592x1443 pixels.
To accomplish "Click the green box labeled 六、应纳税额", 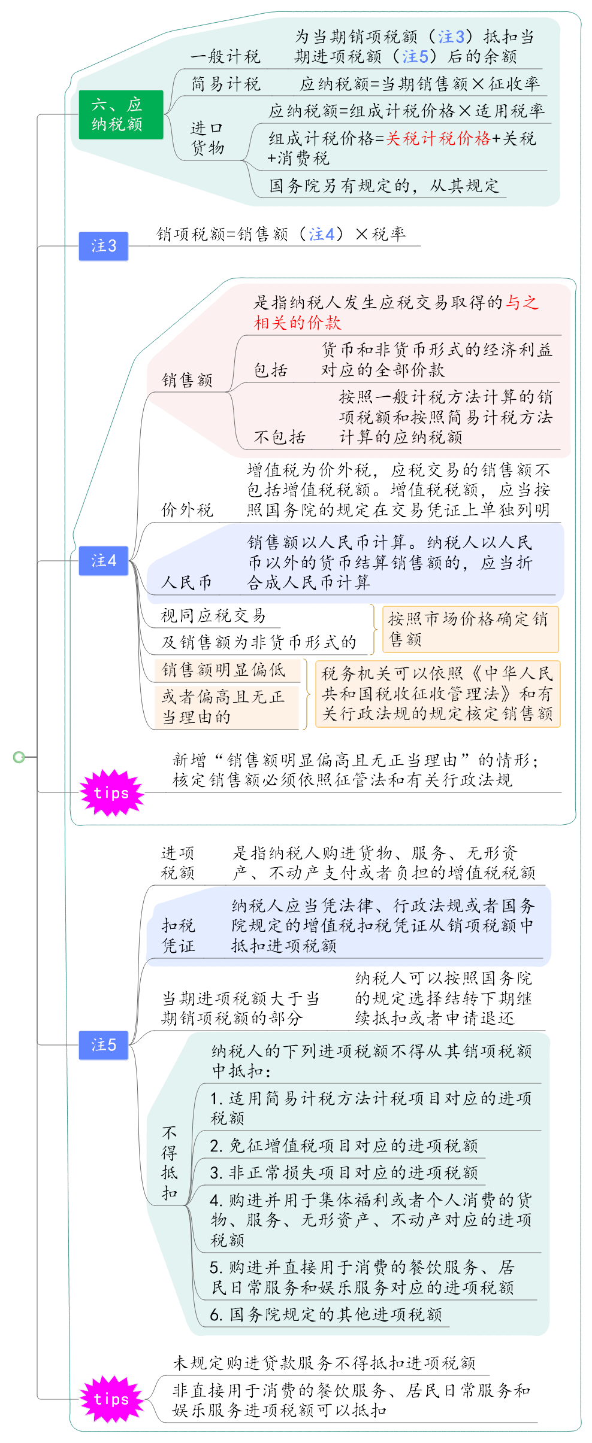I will point(120,114).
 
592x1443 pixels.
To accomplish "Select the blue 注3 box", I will point(103,246).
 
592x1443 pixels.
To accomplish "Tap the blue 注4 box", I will point(103,561).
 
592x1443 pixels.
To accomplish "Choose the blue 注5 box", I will point(103,1045).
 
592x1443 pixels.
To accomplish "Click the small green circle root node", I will point(19,758).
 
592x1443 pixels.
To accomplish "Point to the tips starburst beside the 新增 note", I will point(111,793).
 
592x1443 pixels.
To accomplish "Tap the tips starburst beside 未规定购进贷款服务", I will point(111,1399).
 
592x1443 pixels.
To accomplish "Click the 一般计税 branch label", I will point(225,57).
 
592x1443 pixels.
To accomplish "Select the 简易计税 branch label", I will point(225,84).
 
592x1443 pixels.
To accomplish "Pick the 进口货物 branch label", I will point(207,138).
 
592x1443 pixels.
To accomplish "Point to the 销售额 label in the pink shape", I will point(187,380).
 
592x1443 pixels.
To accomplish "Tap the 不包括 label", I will point(279,437).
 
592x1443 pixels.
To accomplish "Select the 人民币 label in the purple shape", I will point(186,582).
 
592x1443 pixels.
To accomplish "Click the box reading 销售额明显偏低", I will point(227,670).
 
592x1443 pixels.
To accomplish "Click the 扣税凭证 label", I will point(179,936).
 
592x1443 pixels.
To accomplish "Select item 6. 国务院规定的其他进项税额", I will point(326,1314).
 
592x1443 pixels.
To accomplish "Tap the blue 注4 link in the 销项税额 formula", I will point(322,235).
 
